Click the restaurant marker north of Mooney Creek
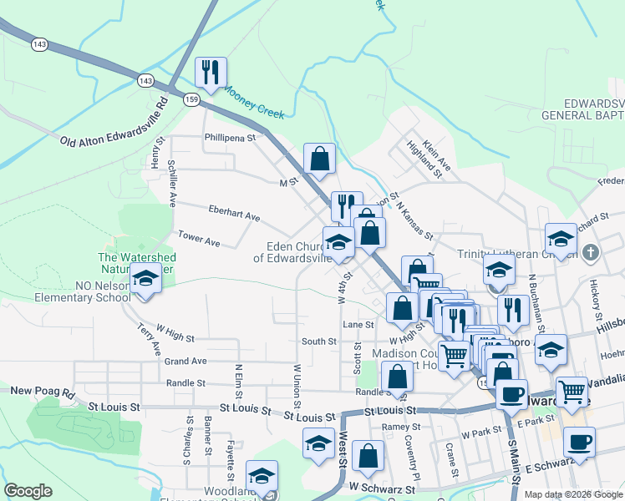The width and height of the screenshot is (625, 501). coord(211,73)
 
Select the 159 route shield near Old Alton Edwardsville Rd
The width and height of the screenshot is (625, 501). coord(191,99)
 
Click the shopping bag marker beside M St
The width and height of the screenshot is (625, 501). coord(319,159)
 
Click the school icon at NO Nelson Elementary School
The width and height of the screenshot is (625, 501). coord(146,279)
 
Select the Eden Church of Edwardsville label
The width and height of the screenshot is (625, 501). coord(297,252)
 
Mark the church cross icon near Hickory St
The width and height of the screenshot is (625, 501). coord(591,251)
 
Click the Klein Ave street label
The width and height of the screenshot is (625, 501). coord(436,156)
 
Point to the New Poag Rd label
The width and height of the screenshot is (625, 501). coord(43,391)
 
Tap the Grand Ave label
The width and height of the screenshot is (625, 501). coord(185,362)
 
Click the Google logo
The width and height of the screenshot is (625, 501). coord(28,491)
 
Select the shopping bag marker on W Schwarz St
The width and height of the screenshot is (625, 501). coord(368,458)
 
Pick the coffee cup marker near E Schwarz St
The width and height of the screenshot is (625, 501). coord(578,443)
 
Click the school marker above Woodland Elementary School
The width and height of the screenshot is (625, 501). coord(262,477)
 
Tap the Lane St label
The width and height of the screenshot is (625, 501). coord(357,324)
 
